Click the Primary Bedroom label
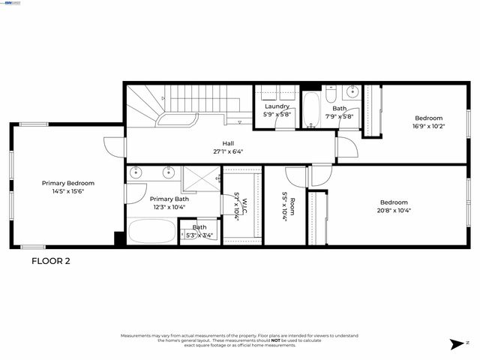(x=68, y=183)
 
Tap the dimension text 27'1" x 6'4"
(x=228, y=151)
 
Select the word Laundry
(x=277, y=106)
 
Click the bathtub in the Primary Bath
(x=151, y=231)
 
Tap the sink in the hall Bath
(x=352, y=93)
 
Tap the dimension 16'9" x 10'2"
(x=429, y=127)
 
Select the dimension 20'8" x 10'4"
(x=393, y=211)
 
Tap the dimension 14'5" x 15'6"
(x=68, y=191)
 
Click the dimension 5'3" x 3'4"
(x=199, y=235)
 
